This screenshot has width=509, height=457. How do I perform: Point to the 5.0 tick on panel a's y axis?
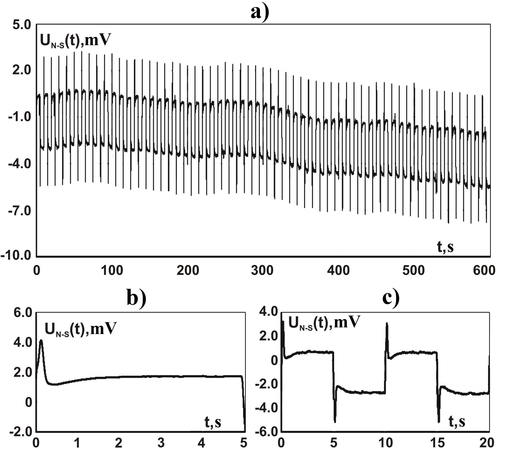coord(22,25)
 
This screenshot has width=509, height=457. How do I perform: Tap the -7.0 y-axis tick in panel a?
coord(20,211)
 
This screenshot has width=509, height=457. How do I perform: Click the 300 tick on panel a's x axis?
coord(262,271)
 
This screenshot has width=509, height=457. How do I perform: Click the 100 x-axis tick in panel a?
coord(112,271)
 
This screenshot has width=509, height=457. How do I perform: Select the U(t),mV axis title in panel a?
coord(75,40)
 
